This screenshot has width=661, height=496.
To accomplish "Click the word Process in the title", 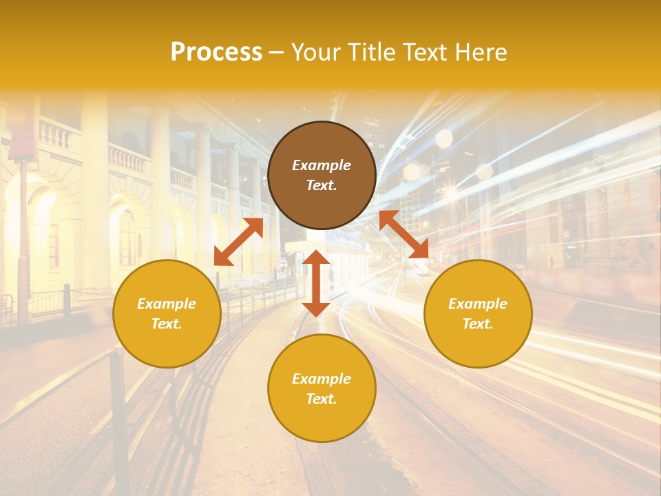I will (x=216, y=52).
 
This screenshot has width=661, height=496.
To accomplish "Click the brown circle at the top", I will (x=322, y=175).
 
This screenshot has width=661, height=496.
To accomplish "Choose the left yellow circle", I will (x=167, y=313).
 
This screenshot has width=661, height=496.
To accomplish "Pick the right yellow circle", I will (x=478, y=313).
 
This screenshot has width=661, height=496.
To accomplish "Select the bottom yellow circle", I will (x=322, y=389).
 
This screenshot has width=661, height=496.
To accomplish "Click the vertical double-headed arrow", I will (x=316, y=283).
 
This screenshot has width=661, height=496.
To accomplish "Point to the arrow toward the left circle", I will (x=238, y=242).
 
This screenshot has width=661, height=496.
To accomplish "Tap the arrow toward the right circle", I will (x=404, y=234).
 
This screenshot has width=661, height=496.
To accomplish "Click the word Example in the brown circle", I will (x=322, y=165).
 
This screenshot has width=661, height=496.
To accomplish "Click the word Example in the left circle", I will (x=167, y=304).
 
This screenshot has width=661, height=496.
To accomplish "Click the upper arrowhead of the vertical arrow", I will (x=316, y=258).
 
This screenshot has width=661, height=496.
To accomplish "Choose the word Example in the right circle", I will (x=478, y=304).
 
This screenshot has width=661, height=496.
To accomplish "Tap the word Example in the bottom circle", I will (x=322, y=379).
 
